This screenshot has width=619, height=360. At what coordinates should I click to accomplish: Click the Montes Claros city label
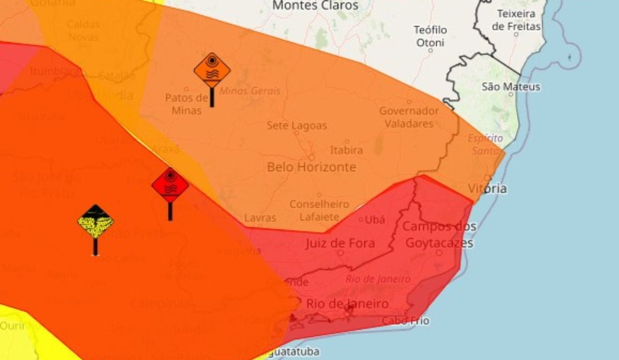pos(315,6)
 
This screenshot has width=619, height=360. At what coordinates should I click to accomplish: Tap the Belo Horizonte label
pos(311,167)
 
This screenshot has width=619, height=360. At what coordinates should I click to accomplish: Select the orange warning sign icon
pos(212,70)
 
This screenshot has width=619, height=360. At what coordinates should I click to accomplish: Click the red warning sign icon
pos(170,186)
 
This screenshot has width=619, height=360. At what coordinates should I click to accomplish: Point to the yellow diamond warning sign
pos(96,221)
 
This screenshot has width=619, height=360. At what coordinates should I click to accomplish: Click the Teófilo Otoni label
pos(430,36)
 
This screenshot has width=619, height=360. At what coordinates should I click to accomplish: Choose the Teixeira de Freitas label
pos(516,20)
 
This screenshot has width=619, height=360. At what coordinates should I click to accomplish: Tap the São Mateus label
pos(511,87)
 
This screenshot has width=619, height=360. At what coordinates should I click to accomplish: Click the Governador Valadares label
pos(409,117)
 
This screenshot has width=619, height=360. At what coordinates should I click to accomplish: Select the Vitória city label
pos(487,188)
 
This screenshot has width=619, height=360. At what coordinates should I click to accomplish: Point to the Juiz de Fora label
pos(340,243)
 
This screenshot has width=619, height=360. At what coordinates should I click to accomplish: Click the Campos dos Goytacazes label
pos(439,235)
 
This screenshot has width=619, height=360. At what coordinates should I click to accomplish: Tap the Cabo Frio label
pos(406,321)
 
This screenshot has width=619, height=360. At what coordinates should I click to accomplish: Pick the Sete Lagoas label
pos(297,126)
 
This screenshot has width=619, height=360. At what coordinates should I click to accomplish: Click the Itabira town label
pos(347,150)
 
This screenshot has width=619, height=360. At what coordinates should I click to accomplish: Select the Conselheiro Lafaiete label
pos(319,210)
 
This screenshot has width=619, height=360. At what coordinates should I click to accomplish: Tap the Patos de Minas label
pos(186,104)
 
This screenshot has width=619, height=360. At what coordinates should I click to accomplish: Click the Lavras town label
pos(260,218)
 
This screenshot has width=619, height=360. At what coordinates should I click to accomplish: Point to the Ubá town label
pos(374,219)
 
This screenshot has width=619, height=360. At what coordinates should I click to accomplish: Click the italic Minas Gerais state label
pos(249,90)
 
